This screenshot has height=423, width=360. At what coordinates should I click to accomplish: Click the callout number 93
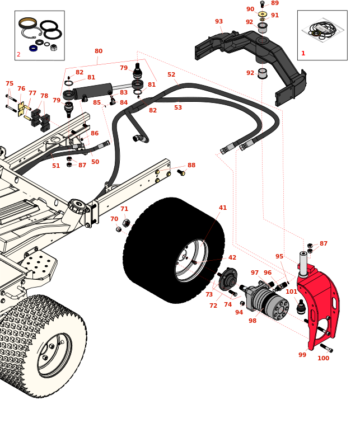pos(219,21)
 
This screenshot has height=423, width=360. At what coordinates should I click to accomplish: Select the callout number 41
pos(223,208)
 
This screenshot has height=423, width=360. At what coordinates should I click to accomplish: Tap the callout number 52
pos(171,74)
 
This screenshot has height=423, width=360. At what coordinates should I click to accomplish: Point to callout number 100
pos(324,358)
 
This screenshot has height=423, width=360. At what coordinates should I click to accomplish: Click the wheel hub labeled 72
pos(228,279)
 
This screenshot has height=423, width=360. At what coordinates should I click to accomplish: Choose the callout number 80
pos(99,51)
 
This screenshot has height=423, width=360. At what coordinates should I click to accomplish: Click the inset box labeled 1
pos(322,35)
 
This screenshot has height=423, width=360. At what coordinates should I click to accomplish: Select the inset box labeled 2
pos(39,35)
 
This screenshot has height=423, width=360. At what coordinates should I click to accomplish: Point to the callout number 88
pos(191,165)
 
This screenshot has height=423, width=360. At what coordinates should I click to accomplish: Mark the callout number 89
pos(275,3)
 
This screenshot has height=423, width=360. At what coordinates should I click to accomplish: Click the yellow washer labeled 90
pos(263,14)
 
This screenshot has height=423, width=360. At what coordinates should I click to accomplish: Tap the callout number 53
pos(178,107)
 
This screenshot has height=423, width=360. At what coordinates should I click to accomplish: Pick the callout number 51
pos(56,166)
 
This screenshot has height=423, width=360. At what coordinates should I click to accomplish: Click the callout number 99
pos(302,355)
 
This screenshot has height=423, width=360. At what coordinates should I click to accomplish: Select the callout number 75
pos(10,83)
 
